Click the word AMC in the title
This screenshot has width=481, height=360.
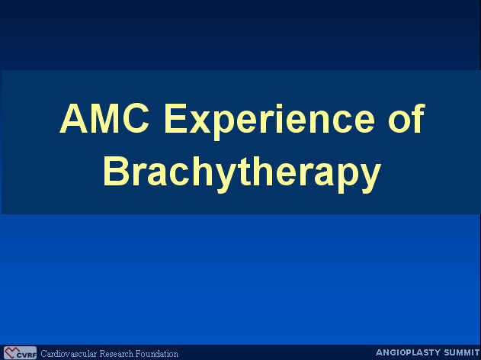pyautogui.click(x=104, y=118)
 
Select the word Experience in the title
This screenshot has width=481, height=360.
pyautogui.click(x=270, y=122)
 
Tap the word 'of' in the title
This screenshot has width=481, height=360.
pyautogui.click(x=407, y=118)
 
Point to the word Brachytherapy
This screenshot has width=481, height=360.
pyautogui.click(x=242, y=174)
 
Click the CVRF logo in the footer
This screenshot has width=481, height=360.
pyautogui.click(x=21, y=353)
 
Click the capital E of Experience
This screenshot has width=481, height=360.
pyautogui.click(x=176, y=118)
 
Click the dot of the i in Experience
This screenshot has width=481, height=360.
pyautogui.click(x=279, y=106)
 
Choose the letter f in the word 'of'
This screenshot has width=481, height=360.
pyautogui.click(x=418, y=118)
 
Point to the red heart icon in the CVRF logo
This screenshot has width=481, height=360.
pyautogui.click(x=11, y=352)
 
